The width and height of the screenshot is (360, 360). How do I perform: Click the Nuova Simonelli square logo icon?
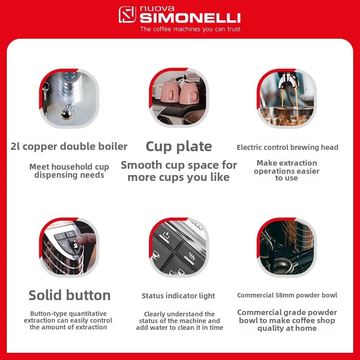pyautogui.click(x=127, y=15)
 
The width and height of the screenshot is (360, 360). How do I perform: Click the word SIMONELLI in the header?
pyautogui.click(x=190, y=18)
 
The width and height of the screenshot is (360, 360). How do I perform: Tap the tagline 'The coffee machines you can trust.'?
pyautogui.click(x=191, y=29)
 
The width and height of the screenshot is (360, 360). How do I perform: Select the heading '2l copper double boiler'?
pyautogui.click(x=69, y=147)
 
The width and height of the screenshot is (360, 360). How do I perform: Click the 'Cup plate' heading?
pyautogui.click(x=179, y=146)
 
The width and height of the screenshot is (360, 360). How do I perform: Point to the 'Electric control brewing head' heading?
pyautogui.click(x=287, y=147)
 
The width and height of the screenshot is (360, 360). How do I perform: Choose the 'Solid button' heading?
pyautogui.click(x=69, y=295)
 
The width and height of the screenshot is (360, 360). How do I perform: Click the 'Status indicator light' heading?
pyautogui.click(x=178, y=296)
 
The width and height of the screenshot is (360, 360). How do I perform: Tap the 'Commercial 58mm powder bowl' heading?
pyautogui.click(x=287, y=295)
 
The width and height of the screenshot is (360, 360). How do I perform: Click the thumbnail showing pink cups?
pyautogui.click(x=179, y=98)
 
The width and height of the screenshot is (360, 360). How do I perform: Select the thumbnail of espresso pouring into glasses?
pyautogui.click(x=287, y=98)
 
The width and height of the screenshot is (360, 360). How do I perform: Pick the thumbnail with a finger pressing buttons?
pyautogui.click(x=69, y=247)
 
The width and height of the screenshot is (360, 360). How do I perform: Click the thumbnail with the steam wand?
pyautogui.click(x=69, y=98)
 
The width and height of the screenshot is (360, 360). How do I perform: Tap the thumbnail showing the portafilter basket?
pyautogui.click(x=287, y=247)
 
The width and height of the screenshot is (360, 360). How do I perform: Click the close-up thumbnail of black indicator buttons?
pyautogui.click(x=179, y=247)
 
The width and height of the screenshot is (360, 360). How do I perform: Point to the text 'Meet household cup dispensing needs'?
pyautogui.click(x=69, y=171)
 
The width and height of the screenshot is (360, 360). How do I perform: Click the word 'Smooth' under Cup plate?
pyautogui.click(x=141, y=165)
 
